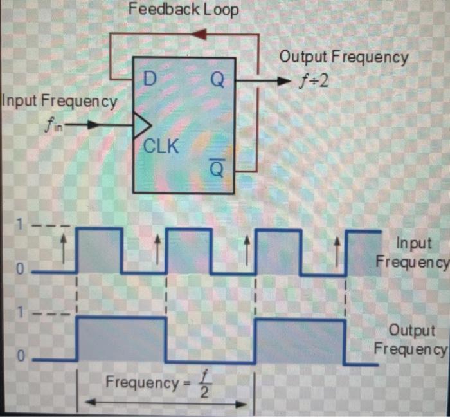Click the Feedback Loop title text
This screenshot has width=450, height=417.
[x=184, y=10]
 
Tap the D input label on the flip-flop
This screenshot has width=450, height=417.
[x=150, y=80]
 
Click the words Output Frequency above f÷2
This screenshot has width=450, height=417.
[x=343, y=57]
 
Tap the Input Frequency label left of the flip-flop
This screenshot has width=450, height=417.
[x=60, y=100]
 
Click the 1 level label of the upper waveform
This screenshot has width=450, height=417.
[x=21, y=227]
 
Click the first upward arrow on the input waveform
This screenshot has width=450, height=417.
[x=63, y=246]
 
